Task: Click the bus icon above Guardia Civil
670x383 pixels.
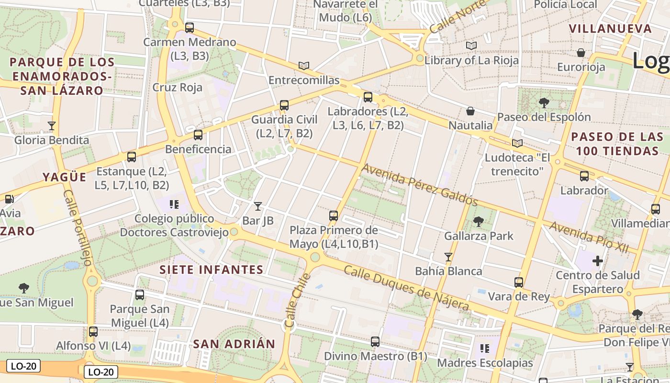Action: click(x=284, y=105)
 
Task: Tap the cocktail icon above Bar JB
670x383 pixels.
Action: click(x=258, y=206)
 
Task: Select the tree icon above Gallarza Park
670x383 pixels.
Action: click(x=478, y=222)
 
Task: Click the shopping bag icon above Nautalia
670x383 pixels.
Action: click(x=470, y=112)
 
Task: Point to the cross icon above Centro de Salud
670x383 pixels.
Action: click(x=597, y=261)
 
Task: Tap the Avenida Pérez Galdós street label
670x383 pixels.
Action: click(x=419, y=184)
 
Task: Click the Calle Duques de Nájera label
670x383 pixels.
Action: click(x=406, y=288)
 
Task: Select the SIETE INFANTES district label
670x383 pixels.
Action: click(x=211, y=270)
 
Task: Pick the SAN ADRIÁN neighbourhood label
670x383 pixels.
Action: click(x=234, y=344)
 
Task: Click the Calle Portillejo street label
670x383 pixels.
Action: click(x=77, y=227)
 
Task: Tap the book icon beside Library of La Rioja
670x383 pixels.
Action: click(x=471, y=46)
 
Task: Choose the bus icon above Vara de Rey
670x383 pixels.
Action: click(x=519, y=282)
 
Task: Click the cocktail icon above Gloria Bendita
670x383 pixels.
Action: click(x=52, y=126)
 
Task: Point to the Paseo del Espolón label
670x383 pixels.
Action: click(x=544, y=117)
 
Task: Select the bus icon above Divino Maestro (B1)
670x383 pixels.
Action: click(x=375, y=342)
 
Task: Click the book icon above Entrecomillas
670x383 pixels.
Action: click(x=304, y=66)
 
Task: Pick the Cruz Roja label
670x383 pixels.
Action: click(x=177, y=88)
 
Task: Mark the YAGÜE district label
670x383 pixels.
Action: click(x=65, y=177)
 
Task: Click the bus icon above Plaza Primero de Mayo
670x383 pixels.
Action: click(x=334, y=216)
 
